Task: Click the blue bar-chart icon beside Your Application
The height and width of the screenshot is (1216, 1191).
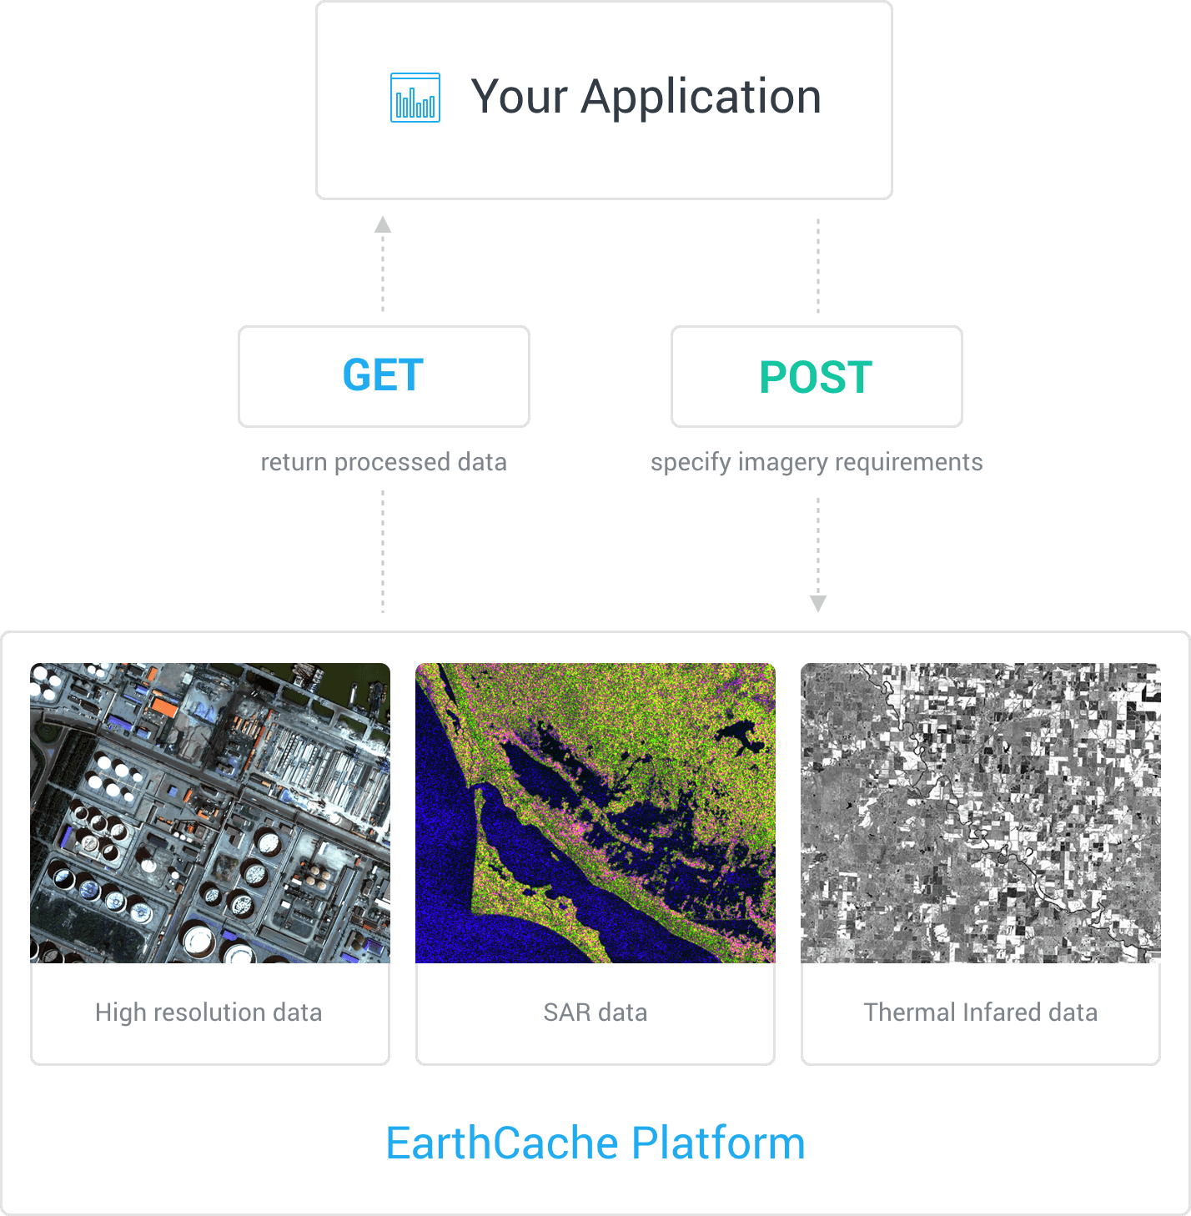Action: click(415, 98)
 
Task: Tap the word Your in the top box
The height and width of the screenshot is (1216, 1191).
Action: click(519, 98)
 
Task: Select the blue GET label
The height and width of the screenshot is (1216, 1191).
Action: click(383, 374)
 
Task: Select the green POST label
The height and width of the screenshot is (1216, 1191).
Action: click(816, 377)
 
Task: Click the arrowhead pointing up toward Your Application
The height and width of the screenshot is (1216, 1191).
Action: click(383, 224)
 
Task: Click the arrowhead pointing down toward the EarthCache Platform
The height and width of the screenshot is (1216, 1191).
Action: click(818, 604)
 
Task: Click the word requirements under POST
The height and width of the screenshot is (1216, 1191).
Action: click(908, 463)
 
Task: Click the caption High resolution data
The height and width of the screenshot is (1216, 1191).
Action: click(209, 1012)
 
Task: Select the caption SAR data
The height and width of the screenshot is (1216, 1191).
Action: click(595, 1012)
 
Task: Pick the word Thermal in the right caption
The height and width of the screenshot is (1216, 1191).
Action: click(909, 1012)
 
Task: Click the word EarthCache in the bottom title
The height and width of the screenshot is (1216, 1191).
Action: click(502, 1143)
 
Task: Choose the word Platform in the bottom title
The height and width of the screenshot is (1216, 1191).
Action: click(718, 1143)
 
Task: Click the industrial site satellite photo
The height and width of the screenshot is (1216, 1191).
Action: click(210, 813)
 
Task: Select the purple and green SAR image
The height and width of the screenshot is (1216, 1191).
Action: click(595, 813)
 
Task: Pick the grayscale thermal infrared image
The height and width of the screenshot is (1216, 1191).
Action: click(980, 813)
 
